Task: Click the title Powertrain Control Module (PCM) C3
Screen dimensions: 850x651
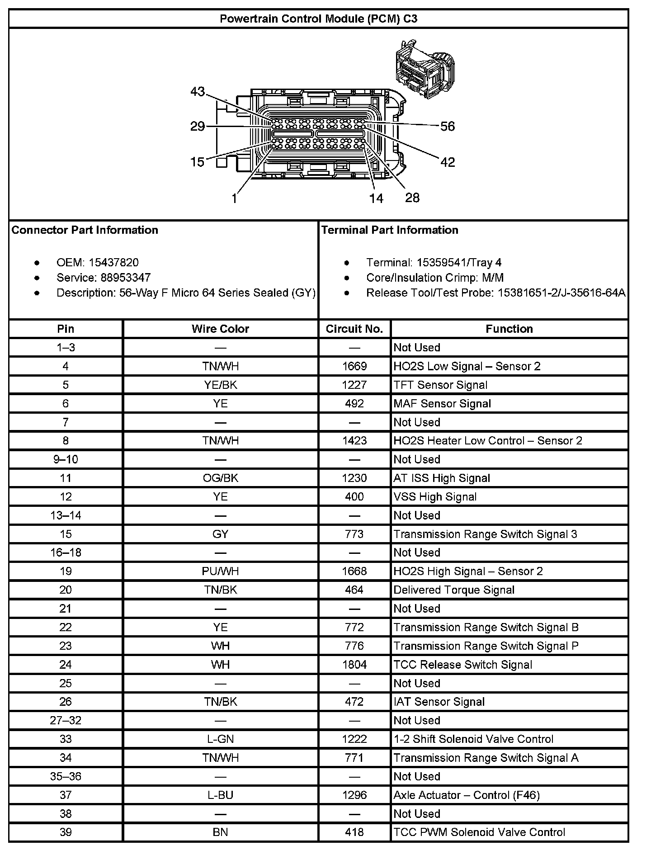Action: click(x=318, y=19)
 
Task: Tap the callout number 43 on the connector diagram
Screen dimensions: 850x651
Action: click(x=198, y=92)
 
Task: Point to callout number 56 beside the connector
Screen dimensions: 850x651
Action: click(x=447, y=126)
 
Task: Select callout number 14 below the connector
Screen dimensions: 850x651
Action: click(x=376, y=198)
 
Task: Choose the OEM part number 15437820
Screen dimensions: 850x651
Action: click(x=113, y=262)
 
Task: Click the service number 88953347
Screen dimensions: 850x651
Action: click(x=126, y=278)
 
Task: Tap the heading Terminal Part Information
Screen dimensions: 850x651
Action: click(x=390, y=230)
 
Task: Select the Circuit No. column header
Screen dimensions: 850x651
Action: click(x=354, y=329)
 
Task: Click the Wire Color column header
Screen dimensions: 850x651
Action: click(x=220, y=329)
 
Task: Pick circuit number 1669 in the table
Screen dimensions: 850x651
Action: click(x=354, y=366)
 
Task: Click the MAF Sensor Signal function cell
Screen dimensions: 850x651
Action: click(x=442, y=403)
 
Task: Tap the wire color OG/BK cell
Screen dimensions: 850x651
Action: click(x=220, y=478)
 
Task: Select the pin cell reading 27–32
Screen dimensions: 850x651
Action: click(x=66, y=720)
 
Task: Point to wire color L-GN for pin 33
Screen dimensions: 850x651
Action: click(x=220, y=739)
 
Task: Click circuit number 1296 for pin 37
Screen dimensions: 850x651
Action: click(x=354, y=795)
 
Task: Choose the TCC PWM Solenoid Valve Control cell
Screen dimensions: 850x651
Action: click(x=479, y=832)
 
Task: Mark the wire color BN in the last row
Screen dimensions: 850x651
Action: click(x=220, y=832)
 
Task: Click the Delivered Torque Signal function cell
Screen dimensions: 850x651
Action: click(x=454, y=590)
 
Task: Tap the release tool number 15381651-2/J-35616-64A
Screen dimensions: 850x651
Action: click(x=561, y=293)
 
